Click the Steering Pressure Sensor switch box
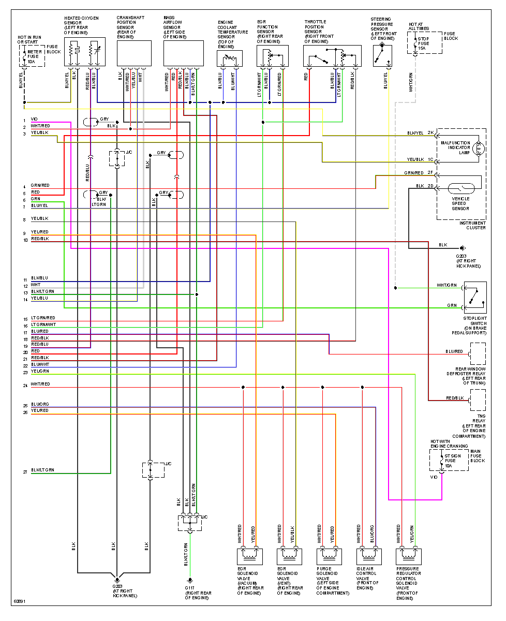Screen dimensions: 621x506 pyautogui.click(x=382, y=56)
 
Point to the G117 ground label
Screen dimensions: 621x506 pyautogui.click(x=190, y=588)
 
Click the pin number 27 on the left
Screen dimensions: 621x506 pyautogui.click(x=24, y=472)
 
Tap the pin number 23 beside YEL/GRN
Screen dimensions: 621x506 pyautogui.click(x=24, y=373)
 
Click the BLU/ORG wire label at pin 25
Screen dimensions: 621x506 pyautogui.click(x=40, y=405)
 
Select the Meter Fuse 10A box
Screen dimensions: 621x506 pyautogui.click(x=33, y=56)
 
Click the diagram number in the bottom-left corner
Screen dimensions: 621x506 pyautogui.click(x=19, y=601)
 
